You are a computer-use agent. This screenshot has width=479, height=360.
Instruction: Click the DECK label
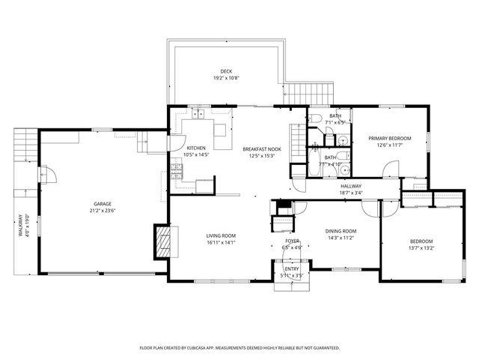coord(225,71)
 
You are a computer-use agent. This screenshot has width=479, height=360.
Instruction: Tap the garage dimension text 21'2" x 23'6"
coord(103,211)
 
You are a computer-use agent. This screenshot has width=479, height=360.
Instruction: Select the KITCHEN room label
coord(195,148)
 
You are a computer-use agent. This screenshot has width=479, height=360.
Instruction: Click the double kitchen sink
coord(198,115)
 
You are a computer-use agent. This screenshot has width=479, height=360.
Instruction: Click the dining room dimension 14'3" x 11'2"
coord(340,238)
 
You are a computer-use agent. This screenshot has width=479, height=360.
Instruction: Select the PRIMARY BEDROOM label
coord(388,139)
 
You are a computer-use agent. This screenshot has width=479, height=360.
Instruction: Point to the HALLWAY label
coord(351,186)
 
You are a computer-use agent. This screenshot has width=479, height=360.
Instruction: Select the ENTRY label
coord(291,269)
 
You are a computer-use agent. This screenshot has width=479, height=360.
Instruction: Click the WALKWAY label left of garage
coord(22,226)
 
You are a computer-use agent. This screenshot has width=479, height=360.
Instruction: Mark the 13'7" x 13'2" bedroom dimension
coord(421,248)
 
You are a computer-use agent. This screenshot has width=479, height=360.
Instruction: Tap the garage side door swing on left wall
coord(48,177)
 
